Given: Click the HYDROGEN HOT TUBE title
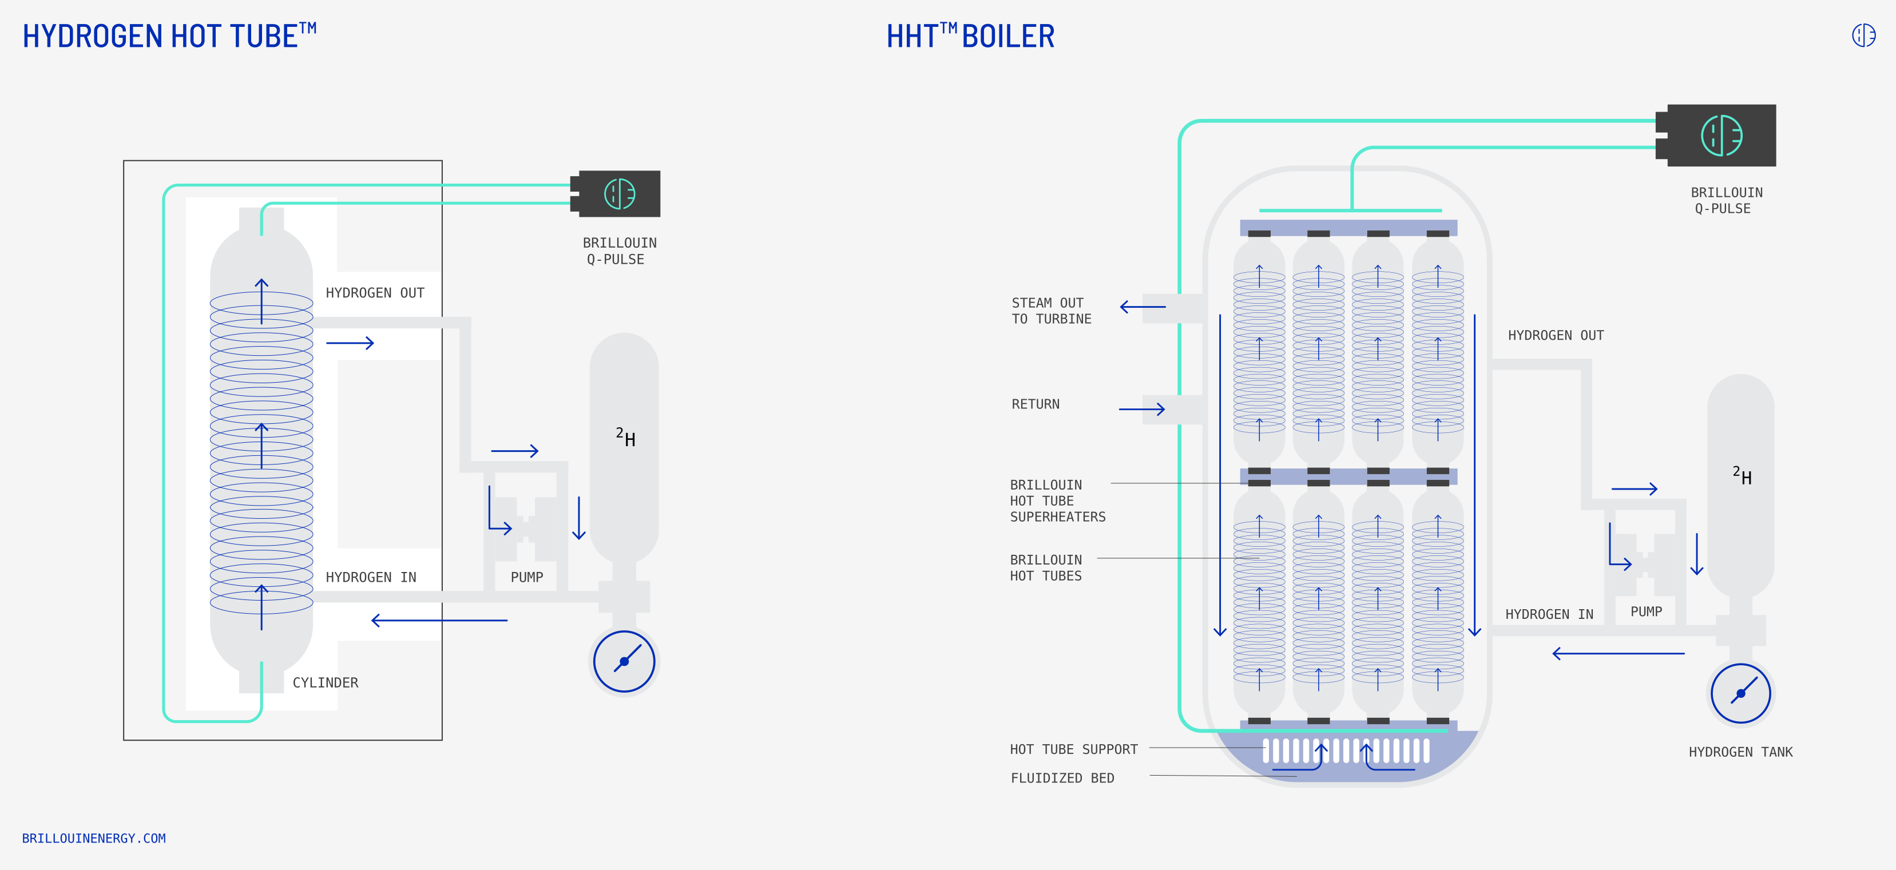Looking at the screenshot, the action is tap(169, 35).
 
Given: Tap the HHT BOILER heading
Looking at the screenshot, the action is tap(970, 35).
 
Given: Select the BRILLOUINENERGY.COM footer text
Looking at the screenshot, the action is tap(94, 839).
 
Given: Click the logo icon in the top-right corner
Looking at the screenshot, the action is tap(1863, 34).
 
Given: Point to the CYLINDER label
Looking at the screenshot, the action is tap(326, 683).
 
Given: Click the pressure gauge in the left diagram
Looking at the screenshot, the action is tap(624, 661).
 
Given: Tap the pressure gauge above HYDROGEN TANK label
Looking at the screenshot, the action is tap(1741, 693).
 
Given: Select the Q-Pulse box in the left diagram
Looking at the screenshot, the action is tap(616, 193).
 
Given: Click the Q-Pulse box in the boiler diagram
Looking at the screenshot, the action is tap(1716, 136).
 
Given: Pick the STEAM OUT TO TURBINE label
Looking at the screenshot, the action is tap(1051, 311).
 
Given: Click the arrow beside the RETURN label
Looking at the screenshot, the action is tap(1141, 409).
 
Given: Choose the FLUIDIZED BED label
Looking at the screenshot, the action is tap(1062, 778).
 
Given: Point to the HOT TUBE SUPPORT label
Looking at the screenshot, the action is tap(1074, 749).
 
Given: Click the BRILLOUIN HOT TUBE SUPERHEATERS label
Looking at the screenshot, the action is tap(1058, 501).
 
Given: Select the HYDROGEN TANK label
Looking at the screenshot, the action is tap(1741, 752).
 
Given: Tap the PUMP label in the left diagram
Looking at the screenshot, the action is tap(527, 578).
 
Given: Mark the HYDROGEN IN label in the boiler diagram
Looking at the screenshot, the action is tap(1549, 614).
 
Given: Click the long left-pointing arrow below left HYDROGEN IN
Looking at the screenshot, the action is tap(439, 621).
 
